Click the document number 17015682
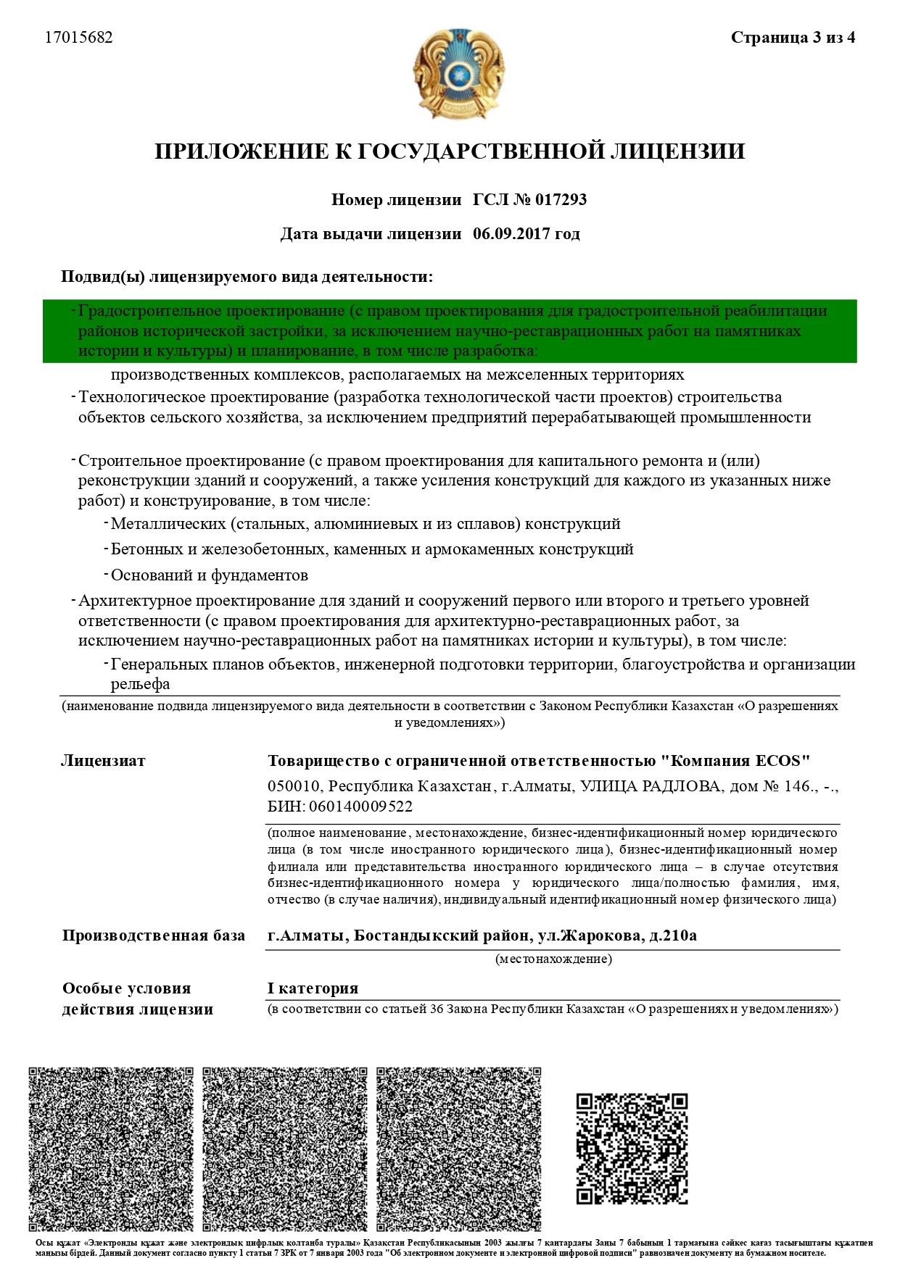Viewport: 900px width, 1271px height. coord(79,38)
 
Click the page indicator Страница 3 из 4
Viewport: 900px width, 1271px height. coord(793,38)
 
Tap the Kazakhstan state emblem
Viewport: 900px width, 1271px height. coord(458,74)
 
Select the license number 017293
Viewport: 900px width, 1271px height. coord(561,199)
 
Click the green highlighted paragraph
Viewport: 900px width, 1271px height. coord(450,331)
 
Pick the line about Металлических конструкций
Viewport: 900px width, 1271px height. coord(366,523)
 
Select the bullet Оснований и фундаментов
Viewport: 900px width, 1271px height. coord(209,575)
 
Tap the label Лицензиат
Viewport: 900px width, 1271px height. coord(103,761)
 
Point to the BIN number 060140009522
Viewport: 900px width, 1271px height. coord(360,807)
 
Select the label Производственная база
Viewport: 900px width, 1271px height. coord(153,935)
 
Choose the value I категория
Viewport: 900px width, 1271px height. coord(313,988)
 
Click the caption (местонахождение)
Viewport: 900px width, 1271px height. coord(553,959)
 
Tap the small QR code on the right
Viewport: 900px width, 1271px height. coord(632,1149)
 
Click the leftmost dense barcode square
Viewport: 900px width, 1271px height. coord(111,1149)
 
